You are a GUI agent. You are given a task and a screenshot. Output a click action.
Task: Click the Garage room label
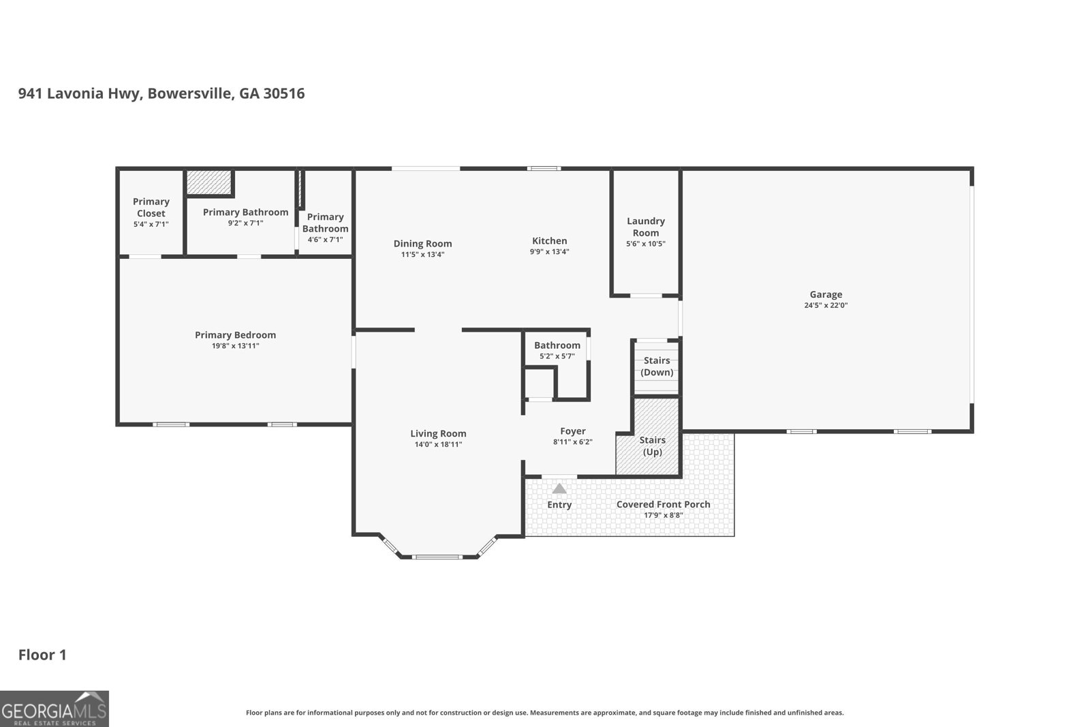click(826, 294)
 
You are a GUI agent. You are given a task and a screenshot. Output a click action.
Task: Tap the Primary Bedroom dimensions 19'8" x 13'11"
click(236, 346)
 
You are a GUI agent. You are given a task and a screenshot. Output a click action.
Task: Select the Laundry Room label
click(646, 227)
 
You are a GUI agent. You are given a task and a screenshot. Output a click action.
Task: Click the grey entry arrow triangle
click(559, 488)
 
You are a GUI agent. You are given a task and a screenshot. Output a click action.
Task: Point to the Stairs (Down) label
click(657, 367)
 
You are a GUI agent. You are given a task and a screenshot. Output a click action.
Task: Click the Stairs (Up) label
click(653, 446)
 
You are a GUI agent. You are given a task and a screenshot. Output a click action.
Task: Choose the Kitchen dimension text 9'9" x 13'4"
click(549, 251)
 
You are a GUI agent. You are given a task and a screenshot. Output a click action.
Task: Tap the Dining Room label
click(422, 243)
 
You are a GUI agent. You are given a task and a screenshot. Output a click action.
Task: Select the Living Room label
click(438, 433)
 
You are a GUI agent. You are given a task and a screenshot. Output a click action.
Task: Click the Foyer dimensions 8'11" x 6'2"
click(573, 442)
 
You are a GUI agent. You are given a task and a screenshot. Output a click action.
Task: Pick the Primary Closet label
click(151, 207)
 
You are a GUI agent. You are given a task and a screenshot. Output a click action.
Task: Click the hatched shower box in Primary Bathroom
click(208, 182)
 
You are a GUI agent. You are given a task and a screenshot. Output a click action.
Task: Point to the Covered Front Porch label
click(664, 504)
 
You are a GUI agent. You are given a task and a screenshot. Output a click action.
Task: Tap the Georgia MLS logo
click(54, 709)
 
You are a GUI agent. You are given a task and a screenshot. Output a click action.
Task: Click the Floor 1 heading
click(42, 655)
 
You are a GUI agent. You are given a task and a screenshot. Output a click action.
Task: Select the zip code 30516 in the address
click(284, 93)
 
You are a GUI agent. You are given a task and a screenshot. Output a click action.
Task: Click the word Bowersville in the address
click(191, 93)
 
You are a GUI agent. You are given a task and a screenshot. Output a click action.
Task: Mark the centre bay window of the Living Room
click(437, 557)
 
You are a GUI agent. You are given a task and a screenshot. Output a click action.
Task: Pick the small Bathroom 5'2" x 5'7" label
click(557, 345)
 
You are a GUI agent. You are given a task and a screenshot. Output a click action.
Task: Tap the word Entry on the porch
click(559, 505)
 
